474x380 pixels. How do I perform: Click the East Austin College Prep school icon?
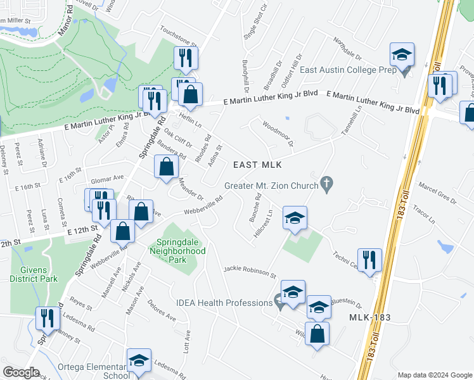pyautogui.click(x=402, y=55)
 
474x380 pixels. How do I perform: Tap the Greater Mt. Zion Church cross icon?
pyautogui.click(x=326, y=185)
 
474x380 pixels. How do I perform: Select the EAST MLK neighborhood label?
pyautogui.click(x=257, y=165)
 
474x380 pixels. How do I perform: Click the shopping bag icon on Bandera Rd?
pyautogui.click(x=166, y=168)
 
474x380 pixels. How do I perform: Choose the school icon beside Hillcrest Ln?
pyautogui.click(x=294, y=218)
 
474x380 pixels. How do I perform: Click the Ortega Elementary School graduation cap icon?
pyautogui.click(x=139, y=360)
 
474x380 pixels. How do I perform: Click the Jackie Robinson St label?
pyautogui.click(x=250, y=272)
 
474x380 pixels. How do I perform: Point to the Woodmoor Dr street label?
pyautogui.click(x=278, y=132)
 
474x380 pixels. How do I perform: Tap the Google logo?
pyautogui.click(x=20, y=372)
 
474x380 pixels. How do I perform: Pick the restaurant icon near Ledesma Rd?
pyautogui.click(x=46, y=318)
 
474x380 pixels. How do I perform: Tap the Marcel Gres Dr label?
pyautogui.click(x=437, y=194)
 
